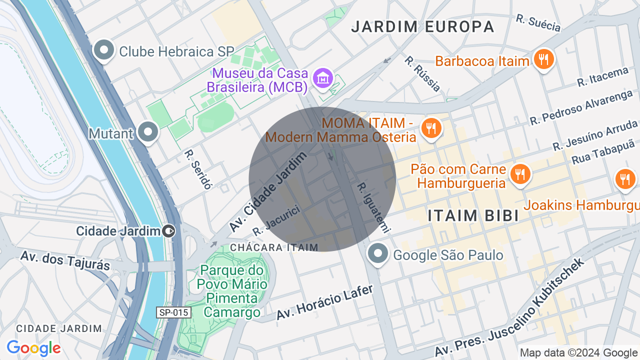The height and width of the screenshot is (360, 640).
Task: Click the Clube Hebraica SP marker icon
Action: pyautogui.click(x=104, y=50)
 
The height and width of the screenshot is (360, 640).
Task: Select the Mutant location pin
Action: pyautogui.click(x=147, y=132)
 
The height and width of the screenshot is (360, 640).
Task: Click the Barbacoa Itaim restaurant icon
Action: pyautogui.click(x=543, y=60)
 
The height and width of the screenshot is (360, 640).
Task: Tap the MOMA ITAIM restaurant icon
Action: pyautogui.click(x=430, y=128)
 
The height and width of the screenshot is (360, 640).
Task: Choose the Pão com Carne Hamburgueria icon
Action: pyautogui.click(x=520, y=174)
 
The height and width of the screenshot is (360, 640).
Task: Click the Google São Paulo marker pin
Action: pyautogui.click(x=378, y=253)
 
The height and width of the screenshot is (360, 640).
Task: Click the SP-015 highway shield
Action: pyautogui.click(x=173, y=312)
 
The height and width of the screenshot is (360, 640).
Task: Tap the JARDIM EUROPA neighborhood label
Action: pyautogui.click(x=422, y=26)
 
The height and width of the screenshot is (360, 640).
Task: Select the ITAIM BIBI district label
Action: pyautogui.click(x=472, y=215)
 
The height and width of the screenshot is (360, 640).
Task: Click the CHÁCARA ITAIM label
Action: pyautogui.click(x=274, y=247)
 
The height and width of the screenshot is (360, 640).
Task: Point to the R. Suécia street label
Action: pyautogui.click(x=538, y=22)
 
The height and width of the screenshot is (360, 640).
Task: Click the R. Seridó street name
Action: pyautogui.click(x=198, y=169)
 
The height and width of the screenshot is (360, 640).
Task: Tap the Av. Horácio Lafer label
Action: pyautogui.click(x=325, y=302)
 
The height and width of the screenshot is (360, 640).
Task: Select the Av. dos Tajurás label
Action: pyautogui.click(x=65, y=260)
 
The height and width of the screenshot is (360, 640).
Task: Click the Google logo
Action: pyautogui.click(x=33, y=348)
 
